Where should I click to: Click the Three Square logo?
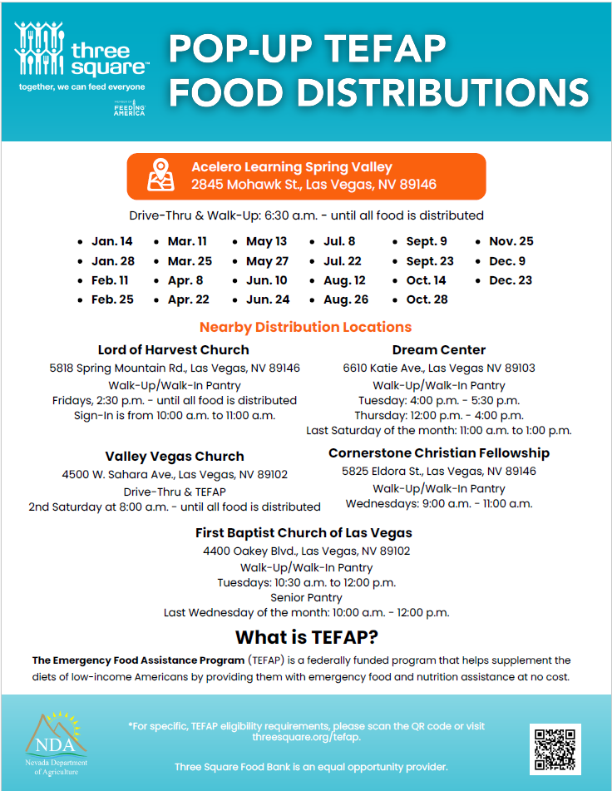pos(81,56)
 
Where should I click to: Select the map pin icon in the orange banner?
pos(161,176)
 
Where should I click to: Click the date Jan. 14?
pos(111,241)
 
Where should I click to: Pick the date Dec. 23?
pos(511,280)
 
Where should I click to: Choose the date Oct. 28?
pos(427,299)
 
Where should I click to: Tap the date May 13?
pos(266,241)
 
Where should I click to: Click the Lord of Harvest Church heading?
pos(173,349)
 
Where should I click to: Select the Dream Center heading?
pos(439,349)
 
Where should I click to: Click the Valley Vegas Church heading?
pos(175,456)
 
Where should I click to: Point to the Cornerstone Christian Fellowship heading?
pos(439,453)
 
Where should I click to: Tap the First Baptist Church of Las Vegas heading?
pos(304,532)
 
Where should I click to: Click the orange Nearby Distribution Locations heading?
pos(305,327)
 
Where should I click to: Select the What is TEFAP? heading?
pos(306,638)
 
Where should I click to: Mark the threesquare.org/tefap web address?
pos(306,737)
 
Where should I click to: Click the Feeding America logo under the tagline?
pos(130,109)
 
